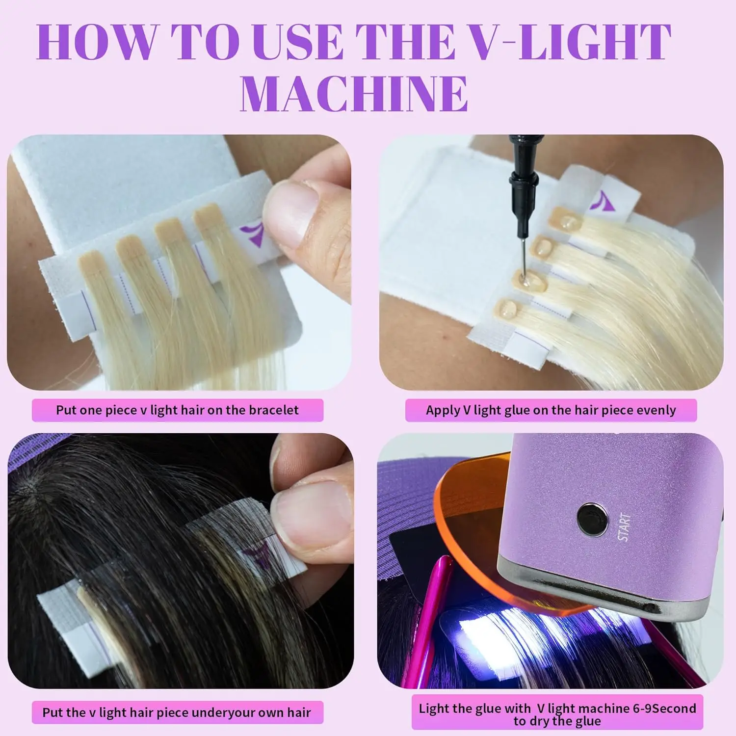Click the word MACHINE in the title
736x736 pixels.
point(354,93)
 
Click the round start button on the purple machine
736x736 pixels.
point(592,518)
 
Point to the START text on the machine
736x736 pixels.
point(624,527)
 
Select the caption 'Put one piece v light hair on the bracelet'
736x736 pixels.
point(177,410)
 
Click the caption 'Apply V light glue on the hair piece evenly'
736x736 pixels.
point(551,410)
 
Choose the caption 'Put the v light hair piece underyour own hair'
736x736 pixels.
point(177,712)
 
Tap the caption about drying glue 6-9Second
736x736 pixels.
point(557,714)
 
